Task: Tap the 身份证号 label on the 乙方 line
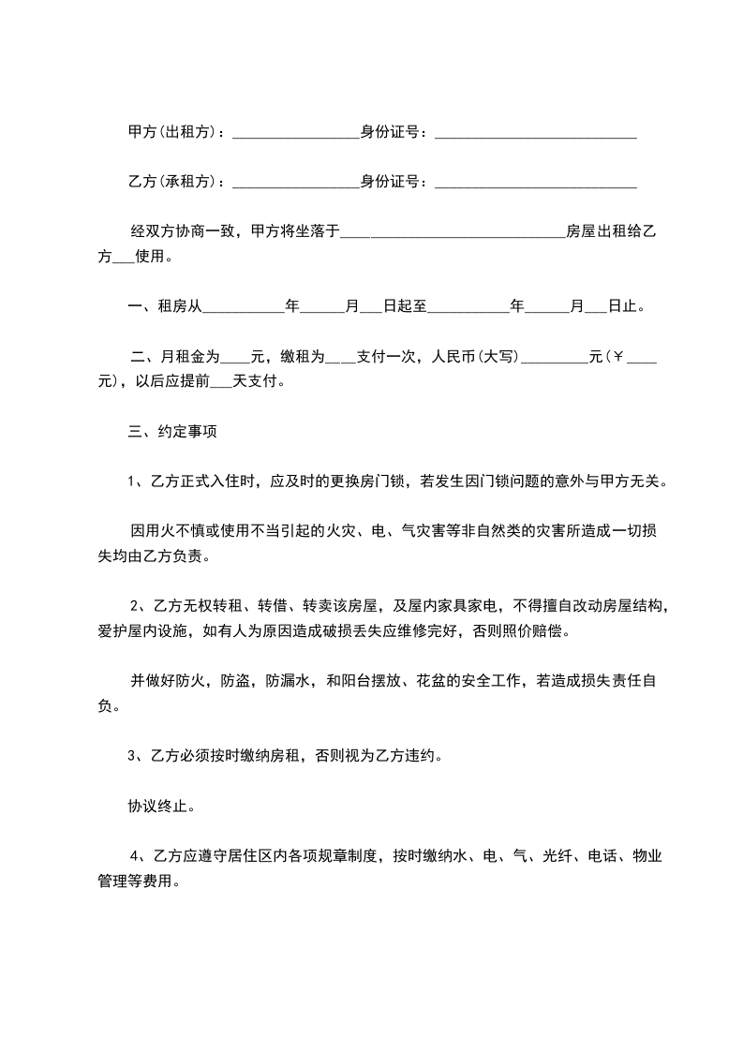(x=393, y=181)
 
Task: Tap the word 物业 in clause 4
(x=647, y=855)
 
